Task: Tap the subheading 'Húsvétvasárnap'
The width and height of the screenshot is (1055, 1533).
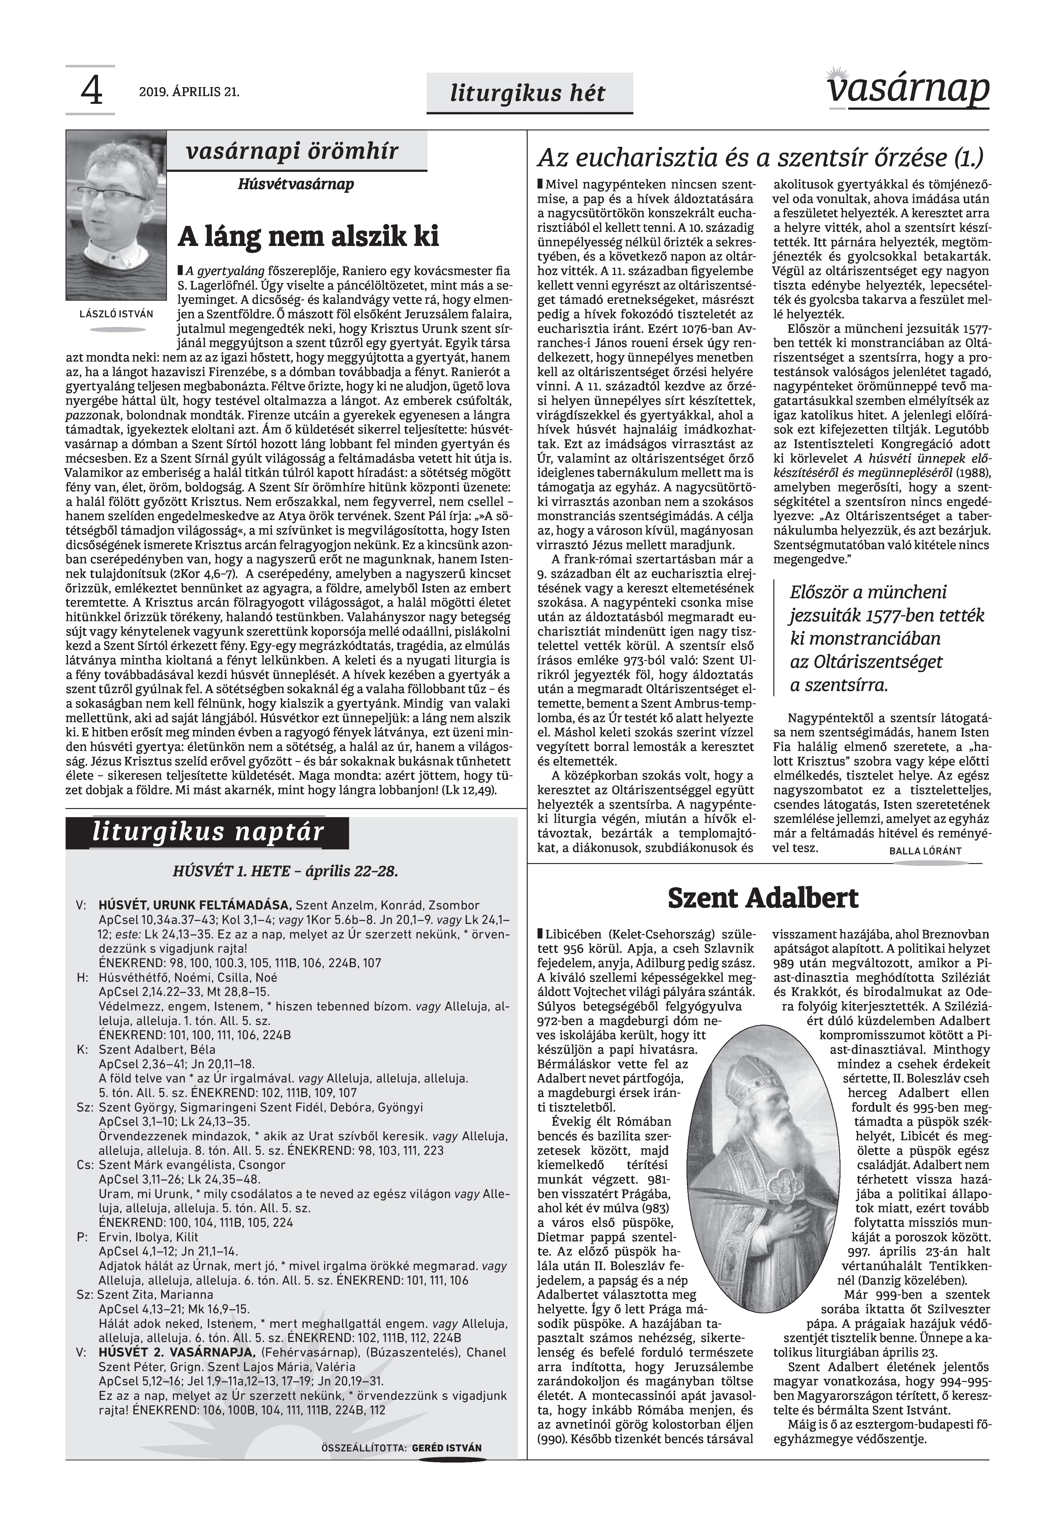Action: click(x=296, y=184)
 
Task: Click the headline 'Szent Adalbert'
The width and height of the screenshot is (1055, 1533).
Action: click(x=763, y=899)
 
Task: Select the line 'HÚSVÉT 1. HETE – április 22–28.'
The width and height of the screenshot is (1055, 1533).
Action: click(x=286, y=871)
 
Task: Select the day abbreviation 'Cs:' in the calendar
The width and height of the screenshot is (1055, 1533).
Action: click(x=85, y=1165)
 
